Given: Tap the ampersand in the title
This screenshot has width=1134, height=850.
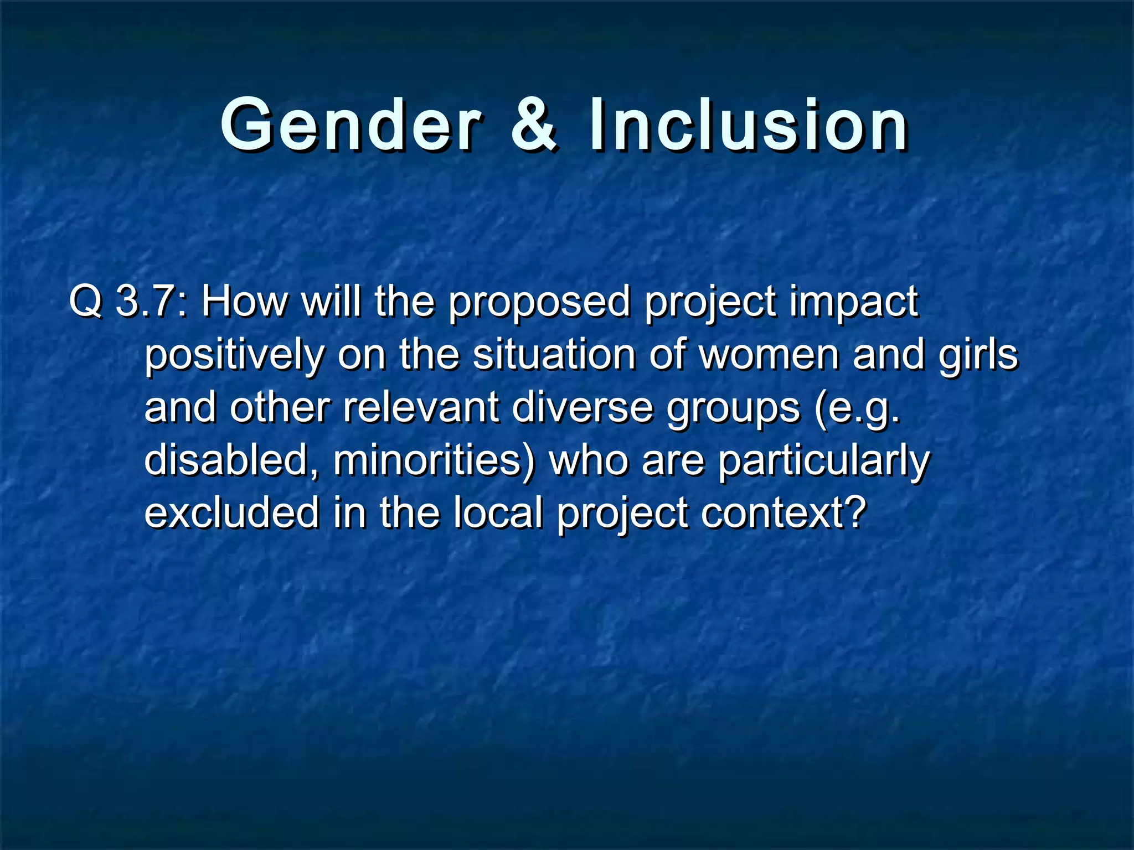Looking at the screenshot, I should coord(533,125).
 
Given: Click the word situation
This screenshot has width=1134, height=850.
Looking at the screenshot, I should coord(554,355).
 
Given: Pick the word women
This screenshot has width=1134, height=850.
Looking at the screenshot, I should coord(770,355).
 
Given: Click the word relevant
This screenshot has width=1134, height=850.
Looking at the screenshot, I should coord(421,408).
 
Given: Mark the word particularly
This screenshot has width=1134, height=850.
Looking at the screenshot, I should coord(823,461).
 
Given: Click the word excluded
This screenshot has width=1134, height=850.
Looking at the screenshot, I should coord(231,512).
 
